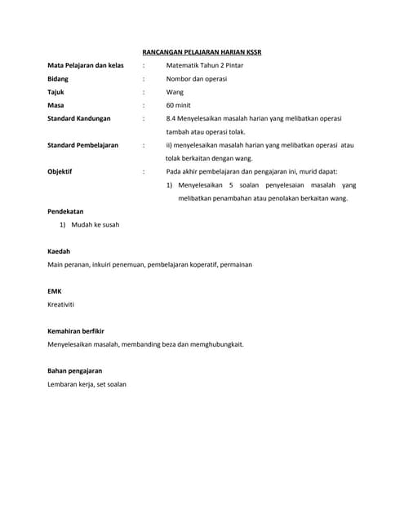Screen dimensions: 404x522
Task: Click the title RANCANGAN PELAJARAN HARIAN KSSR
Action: pos(202,52)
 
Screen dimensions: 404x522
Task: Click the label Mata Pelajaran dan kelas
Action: pos(86,65)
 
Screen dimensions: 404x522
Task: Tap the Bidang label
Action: pos(58,79)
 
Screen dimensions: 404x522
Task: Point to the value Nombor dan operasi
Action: pos(196,79)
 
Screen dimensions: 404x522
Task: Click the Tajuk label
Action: pos(55,92)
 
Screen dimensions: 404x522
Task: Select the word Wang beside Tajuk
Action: pos(175,92)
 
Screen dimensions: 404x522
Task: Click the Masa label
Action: pos(55,105)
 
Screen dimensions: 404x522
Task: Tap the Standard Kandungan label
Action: pos(79,118)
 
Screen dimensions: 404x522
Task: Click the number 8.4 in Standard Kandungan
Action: pos(171,118)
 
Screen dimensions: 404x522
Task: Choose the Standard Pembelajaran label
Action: pos(82,145)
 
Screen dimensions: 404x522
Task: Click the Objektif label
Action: pos(60,172)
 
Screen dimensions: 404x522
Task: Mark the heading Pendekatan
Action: pos(65,211)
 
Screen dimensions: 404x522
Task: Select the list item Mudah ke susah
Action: pos(95,224)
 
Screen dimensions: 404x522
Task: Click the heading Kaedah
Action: pos(59,251)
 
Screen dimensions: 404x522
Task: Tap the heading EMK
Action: pos(54,291)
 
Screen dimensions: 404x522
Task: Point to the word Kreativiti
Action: pos(61,304)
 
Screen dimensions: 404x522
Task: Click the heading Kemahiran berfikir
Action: pos(76,331)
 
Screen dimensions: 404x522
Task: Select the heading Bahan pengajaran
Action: pos(74,370)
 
